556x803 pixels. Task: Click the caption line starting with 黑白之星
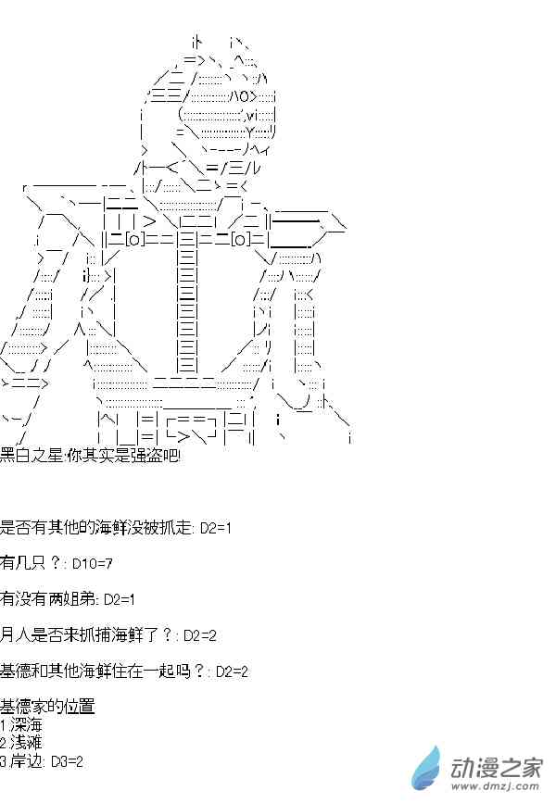click(x=90, y=456)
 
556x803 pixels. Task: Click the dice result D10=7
click(x=93, y=564)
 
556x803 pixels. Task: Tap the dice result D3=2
click(x=67, y=761)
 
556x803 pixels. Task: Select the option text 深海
click(x=26, y=724)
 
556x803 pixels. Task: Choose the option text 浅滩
click(x=26, y=743)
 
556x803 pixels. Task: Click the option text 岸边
click(x=26, y=761)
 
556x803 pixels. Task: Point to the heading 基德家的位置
click(x=47, y=706)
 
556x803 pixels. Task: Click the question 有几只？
click(x=31, y=563)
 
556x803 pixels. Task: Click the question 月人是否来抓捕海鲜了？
click(x=86, y=635)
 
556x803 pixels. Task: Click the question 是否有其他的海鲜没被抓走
click(x=95, y=527)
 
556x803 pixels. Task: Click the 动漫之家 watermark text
click(x=496, y=768)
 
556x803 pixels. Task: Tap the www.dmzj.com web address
click(x=496, y=786)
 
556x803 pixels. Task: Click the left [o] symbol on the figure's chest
click(x=134, y=239)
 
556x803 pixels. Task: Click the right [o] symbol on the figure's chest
click(x=240, y=239)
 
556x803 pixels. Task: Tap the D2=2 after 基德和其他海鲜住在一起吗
click(x=232, y=671)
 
